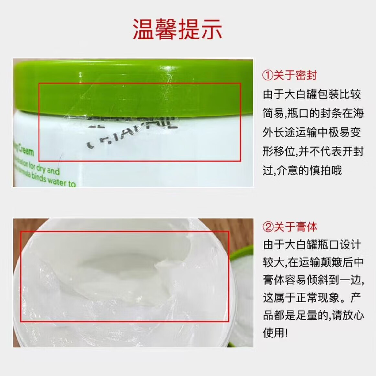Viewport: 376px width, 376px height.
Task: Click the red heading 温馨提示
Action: coord(177,29)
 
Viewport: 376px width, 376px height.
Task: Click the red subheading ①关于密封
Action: coord(289,75)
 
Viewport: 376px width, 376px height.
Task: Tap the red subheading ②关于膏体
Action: coord(290,227)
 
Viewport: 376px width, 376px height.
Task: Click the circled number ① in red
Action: coord(267,75)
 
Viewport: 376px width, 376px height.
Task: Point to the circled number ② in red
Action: coord(268,227)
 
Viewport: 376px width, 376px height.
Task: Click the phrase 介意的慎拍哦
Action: coord(302,170)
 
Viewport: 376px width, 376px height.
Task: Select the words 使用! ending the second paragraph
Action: coord(275,332)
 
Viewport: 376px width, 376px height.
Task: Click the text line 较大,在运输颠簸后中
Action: coord(313,262)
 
